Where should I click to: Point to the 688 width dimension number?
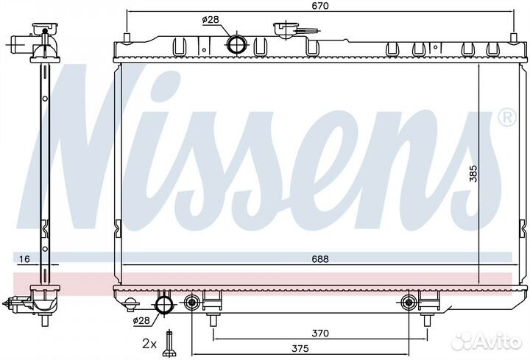coord(319,258)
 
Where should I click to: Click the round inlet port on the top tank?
coord(236,44)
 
